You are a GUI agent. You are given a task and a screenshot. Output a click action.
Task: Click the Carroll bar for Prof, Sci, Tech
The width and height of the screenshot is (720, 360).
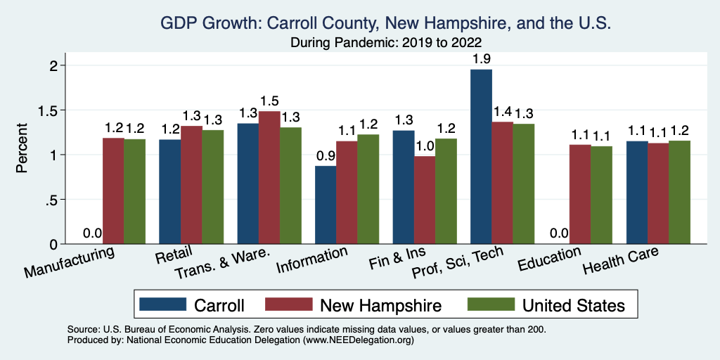coord(481,156)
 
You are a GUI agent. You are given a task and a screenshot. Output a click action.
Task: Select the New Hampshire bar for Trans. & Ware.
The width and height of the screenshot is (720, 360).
coord(269,177)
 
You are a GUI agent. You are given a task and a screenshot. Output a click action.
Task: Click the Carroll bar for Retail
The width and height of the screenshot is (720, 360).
coord(169,191)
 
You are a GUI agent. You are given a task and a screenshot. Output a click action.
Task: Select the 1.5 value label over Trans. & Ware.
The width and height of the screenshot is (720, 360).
coord(269,101)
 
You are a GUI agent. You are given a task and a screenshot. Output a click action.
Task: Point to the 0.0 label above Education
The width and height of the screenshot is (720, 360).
coord(559,233)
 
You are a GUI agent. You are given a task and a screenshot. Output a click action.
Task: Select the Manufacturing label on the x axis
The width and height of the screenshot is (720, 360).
coord(69,263)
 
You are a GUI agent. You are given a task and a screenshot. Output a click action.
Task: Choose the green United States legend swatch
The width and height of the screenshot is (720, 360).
coord(489,304)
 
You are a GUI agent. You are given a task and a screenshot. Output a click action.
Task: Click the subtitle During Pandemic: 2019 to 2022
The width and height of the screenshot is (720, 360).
coord(385,43)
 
